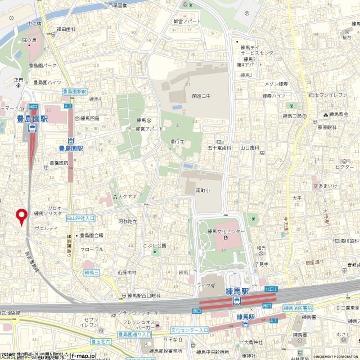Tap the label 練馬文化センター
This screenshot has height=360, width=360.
[x=226, y=231]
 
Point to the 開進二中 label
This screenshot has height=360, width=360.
[x=201, y=96]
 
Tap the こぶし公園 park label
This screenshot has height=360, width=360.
[x=154, y=245]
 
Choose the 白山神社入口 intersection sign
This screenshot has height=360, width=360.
[x=80, y=217]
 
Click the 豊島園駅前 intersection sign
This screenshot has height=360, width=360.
[x=74, y=91]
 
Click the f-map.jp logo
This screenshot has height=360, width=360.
[x=83, y=355]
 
